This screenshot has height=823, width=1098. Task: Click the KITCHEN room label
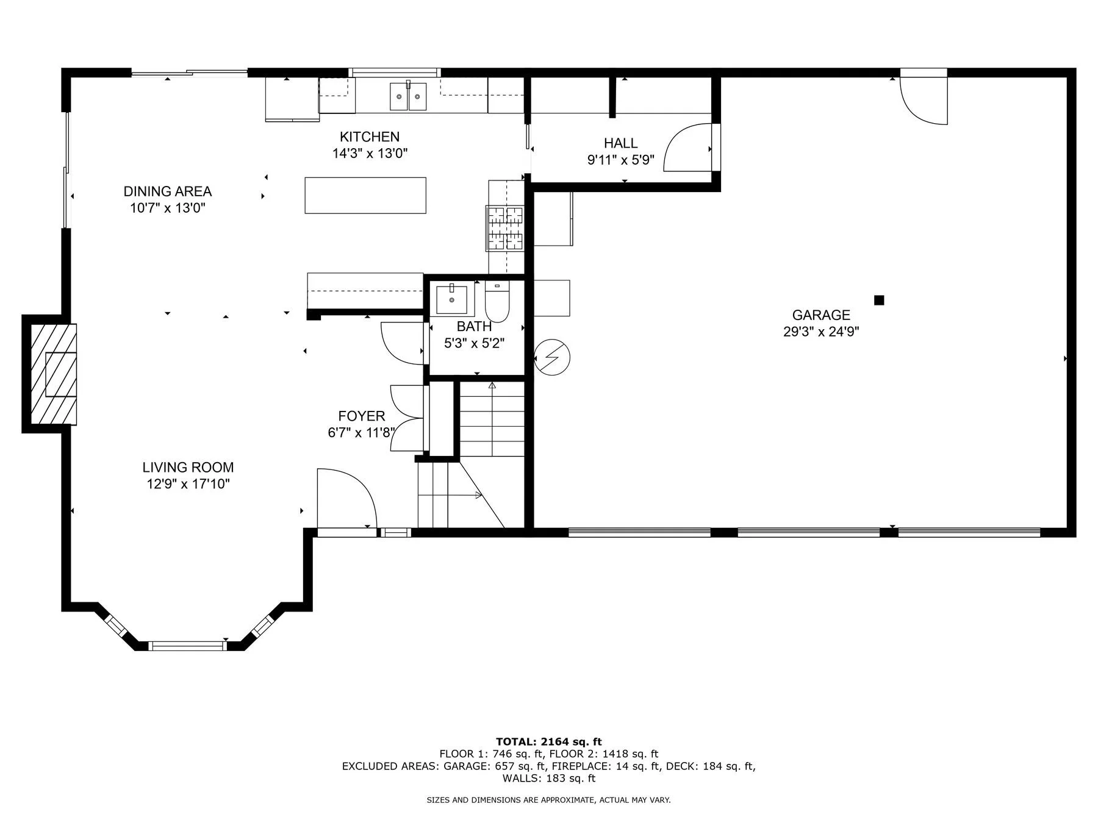coord(370,137)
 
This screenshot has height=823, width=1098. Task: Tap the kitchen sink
coord(409,96)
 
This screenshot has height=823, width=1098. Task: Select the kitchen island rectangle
coord(365,195)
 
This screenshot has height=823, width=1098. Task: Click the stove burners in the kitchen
coord(504,228)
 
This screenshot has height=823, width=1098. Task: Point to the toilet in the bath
coord(497,302)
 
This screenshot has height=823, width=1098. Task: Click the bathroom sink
coord(452,299)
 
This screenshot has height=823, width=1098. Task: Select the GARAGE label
coord(821,315)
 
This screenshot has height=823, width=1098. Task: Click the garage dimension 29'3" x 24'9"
coord(821,332)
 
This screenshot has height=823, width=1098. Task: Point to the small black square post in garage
coord(879,300)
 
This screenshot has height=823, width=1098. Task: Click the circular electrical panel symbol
coord(552,357)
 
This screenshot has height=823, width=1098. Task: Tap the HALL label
coord(621,143)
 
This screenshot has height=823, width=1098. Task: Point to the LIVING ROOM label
coord(188,468)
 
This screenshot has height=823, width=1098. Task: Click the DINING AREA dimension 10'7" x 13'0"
coord(168,208)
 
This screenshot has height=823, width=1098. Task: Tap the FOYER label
coord(362,416)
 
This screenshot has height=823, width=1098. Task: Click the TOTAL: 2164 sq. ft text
coord(549,742)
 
